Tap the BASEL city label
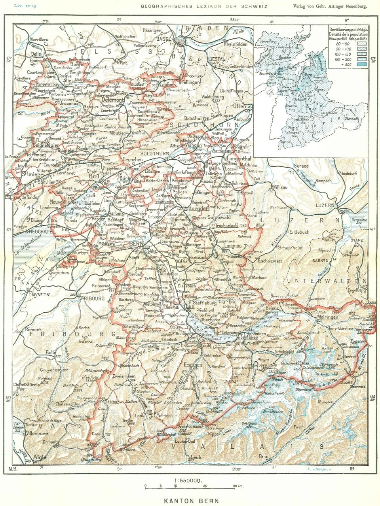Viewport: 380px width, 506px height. coord(163,39)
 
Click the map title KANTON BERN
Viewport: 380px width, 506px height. coord(190,500)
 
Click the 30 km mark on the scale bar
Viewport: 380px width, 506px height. coord(234,486)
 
